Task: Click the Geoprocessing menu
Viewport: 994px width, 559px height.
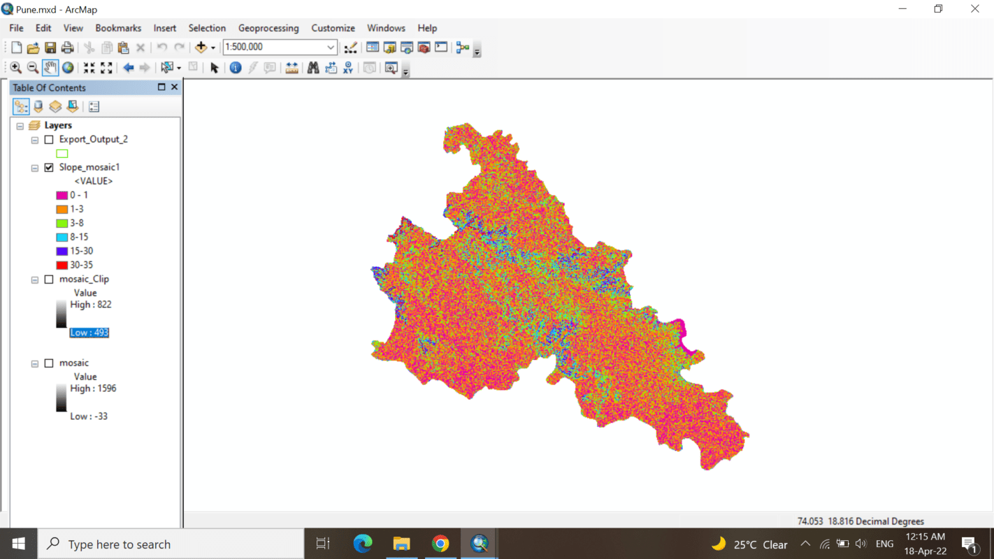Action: click(268, 28)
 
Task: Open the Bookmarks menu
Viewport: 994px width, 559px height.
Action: click(118, 28)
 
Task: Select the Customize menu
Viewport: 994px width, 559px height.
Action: click(333, 28)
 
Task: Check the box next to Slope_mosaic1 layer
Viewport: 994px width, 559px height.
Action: click(49, 168)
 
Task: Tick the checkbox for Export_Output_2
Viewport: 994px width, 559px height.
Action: click(49, 140)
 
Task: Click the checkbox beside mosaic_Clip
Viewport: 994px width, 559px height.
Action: click(49, 279)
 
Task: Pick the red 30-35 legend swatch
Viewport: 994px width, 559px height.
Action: click(62, 265)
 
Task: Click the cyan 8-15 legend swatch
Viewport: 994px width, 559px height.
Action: click(62, 237)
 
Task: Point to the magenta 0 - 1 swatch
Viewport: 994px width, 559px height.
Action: click(62, 195)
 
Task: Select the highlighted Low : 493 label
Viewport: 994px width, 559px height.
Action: click(89, 333)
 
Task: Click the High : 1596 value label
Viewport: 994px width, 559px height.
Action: click(93, 389)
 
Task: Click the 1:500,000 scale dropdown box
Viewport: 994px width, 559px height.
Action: click(280, 47)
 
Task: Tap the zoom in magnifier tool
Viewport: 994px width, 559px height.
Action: click(15, 68)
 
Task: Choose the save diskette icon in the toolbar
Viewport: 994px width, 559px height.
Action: click(50, 48)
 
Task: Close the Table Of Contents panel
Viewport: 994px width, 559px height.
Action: click(174, 87)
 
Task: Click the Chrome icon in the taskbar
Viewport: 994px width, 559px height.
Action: click(440, 544)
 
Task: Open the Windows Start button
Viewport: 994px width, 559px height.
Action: click(18, 544)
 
